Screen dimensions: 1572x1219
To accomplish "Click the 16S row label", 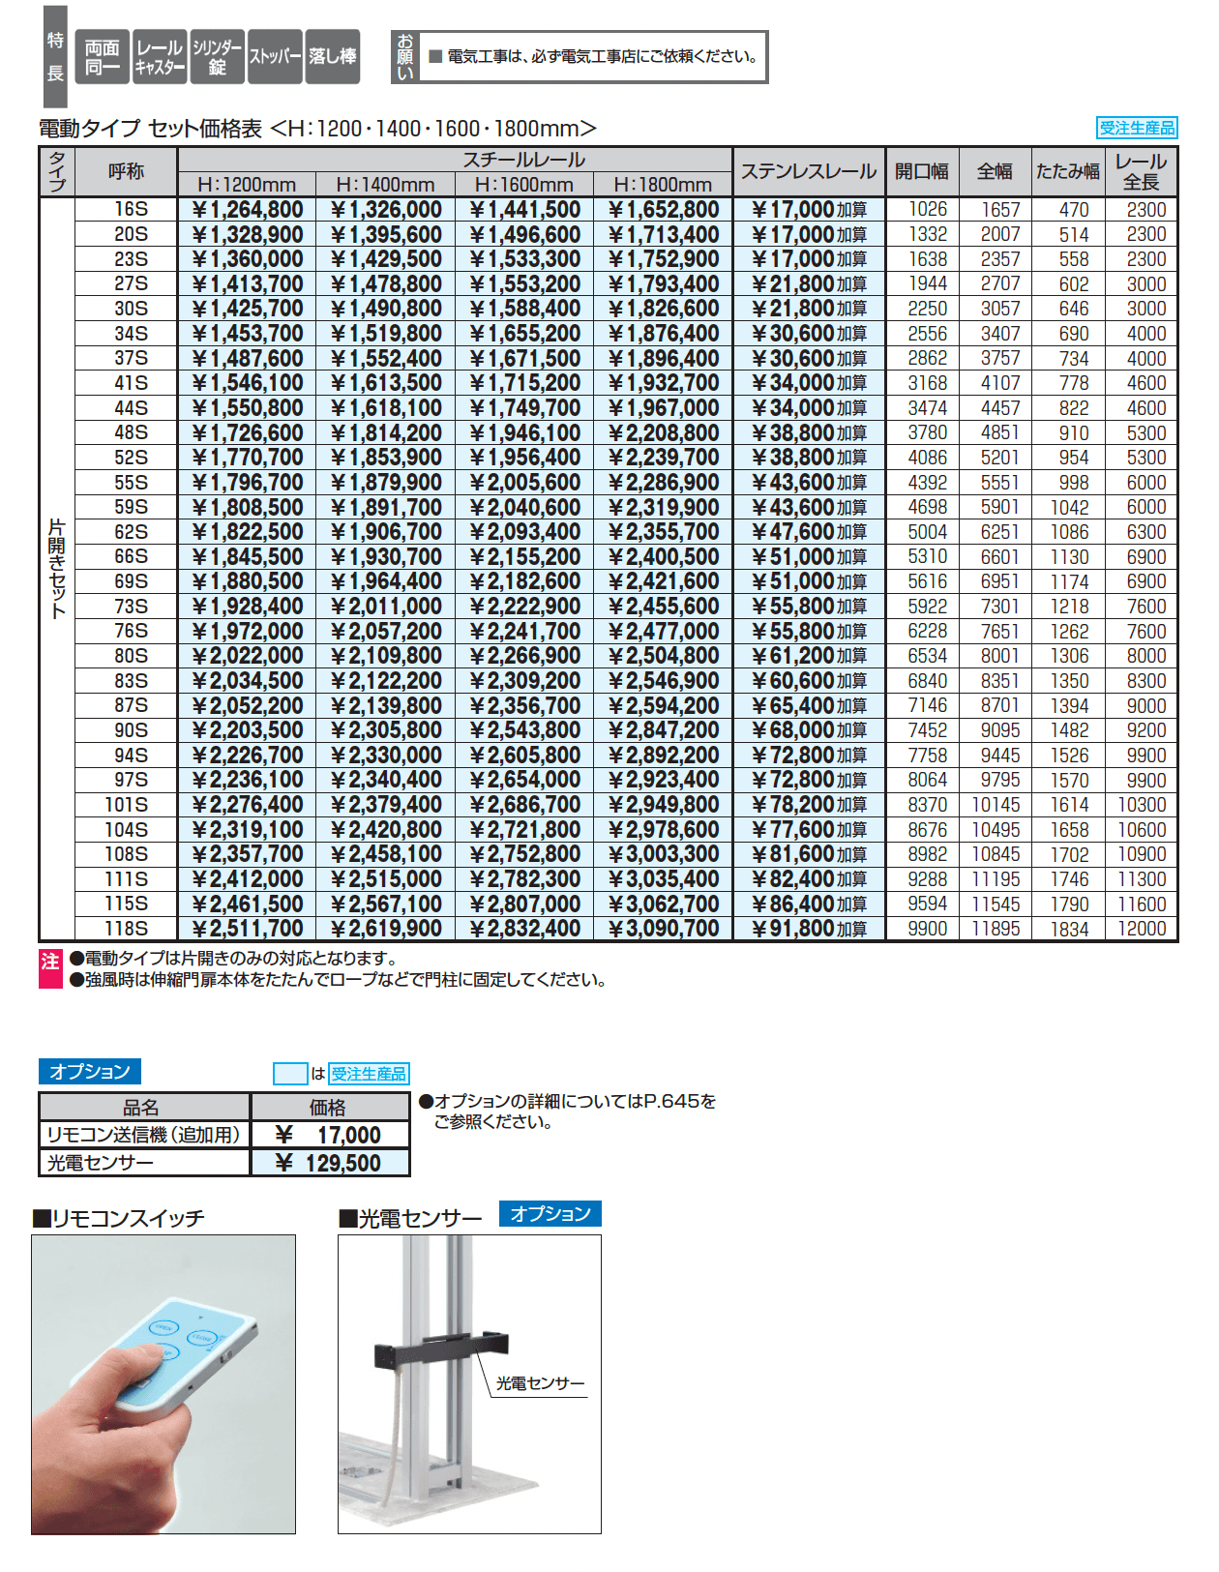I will pyautogui.click(x=131, y=210).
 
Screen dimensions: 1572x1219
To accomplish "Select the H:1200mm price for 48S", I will pyautogui.click(x=248, y=433).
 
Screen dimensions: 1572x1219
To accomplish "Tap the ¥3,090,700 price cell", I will pyautogui.click(x=664, y=929).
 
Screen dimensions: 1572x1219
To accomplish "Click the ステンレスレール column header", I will pyautogui.click(x=808, y=172).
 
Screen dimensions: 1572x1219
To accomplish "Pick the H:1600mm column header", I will pyautogui.click(x=523, y=185).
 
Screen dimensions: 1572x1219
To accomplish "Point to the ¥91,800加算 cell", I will pyautogui.click(x=809, y=929).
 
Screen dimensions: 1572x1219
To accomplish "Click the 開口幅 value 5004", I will pyautogui.click(x=927, y=532).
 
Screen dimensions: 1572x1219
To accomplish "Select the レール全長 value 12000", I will pyautogui.click(x=1142, y=929).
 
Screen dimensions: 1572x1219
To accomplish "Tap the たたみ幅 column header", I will pyautogui.click(x=1067, y=172).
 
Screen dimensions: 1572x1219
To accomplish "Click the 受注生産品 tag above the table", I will pyautogui.click(x=1137, y=128).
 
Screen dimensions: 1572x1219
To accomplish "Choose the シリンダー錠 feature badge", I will pyautogui.click(x=218, y=57).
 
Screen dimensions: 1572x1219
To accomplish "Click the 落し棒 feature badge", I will pyautogui.click(x=333, y=57).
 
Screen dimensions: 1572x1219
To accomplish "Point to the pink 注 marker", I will pyautogui.click(x=50, y=968).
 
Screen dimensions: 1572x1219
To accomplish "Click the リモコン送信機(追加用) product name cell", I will pyautogui.click(x=144, y=1135).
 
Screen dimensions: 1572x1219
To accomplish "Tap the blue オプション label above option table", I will pyautogui.click(x=90, y=1072).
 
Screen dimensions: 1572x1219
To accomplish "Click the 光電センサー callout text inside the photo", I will pyautogui.click(x=540, y=1384).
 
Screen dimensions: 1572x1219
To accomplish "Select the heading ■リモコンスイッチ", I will pyautogui.click(x=119, y=1219).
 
